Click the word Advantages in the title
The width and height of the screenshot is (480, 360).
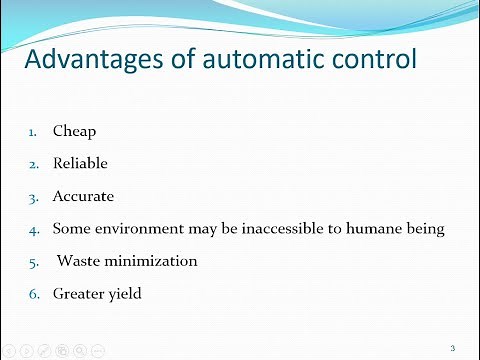click(97, 62)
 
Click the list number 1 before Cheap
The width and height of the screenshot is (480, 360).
click(31, 131)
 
